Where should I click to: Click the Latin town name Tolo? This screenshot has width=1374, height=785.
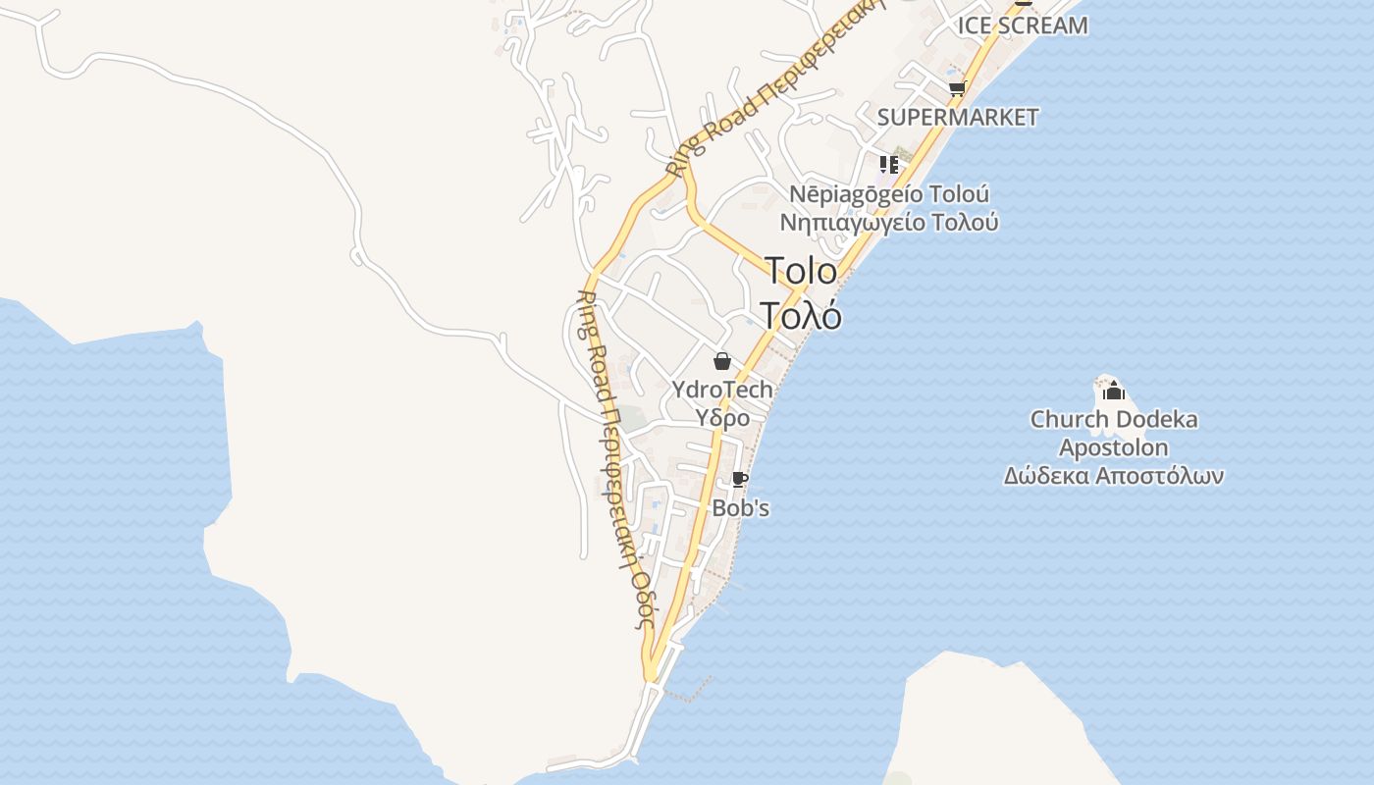click(x=801, y=272)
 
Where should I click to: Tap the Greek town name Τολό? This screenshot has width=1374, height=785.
click(x=801, y=315)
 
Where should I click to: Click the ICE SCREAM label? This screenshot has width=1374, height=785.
click(x=1023, y=26)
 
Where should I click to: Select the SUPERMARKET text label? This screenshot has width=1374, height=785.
click(x=957, y=117)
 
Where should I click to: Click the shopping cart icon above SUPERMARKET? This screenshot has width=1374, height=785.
click(x=957, y=89)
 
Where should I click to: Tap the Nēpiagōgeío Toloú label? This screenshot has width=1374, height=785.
click(x=889, y=193)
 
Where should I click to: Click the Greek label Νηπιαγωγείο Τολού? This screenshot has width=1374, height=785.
click(x=889, y=223)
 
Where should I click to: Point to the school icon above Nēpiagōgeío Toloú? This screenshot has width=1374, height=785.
click(x=889, y=164)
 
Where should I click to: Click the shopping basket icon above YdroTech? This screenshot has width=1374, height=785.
click(x=722, y=361)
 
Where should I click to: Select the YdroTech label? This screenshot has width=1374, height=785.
click(x=722, y=390)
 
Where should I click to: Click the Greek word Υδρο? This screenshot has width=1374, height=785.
click(x=722, y=418)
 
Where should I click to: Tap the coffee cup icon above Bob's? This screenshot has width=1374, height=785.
click(x=740, y=480)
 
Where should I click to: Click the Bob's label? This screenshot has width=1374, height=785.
click(x=740, y=508)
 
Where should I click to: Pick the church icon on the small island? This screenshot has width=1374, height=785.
click(x=1113, y=392)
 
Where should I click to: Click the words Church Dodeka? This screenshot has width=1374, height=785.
click(x=1113, y=420)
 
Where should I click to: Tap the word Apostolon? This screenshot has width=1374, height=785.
click(x=1113, y=448)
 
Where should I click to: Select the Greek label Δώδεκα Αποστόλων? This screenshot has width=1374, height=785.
click(x=1113, y=477)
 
